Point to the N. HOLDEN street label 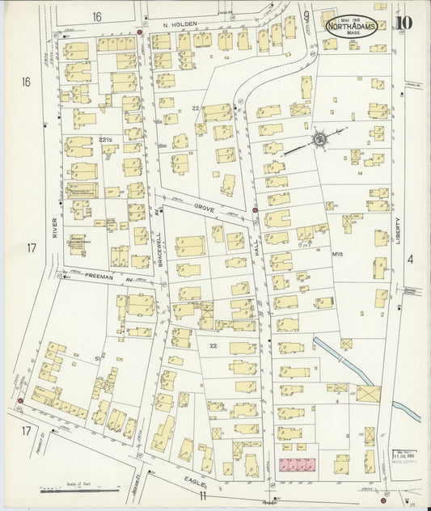[x=180, y=24]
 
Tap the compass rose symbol [x=320, y=141]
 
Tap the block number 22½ [x=104, y=140]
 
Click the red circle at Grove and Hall [x=255, y=211]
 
